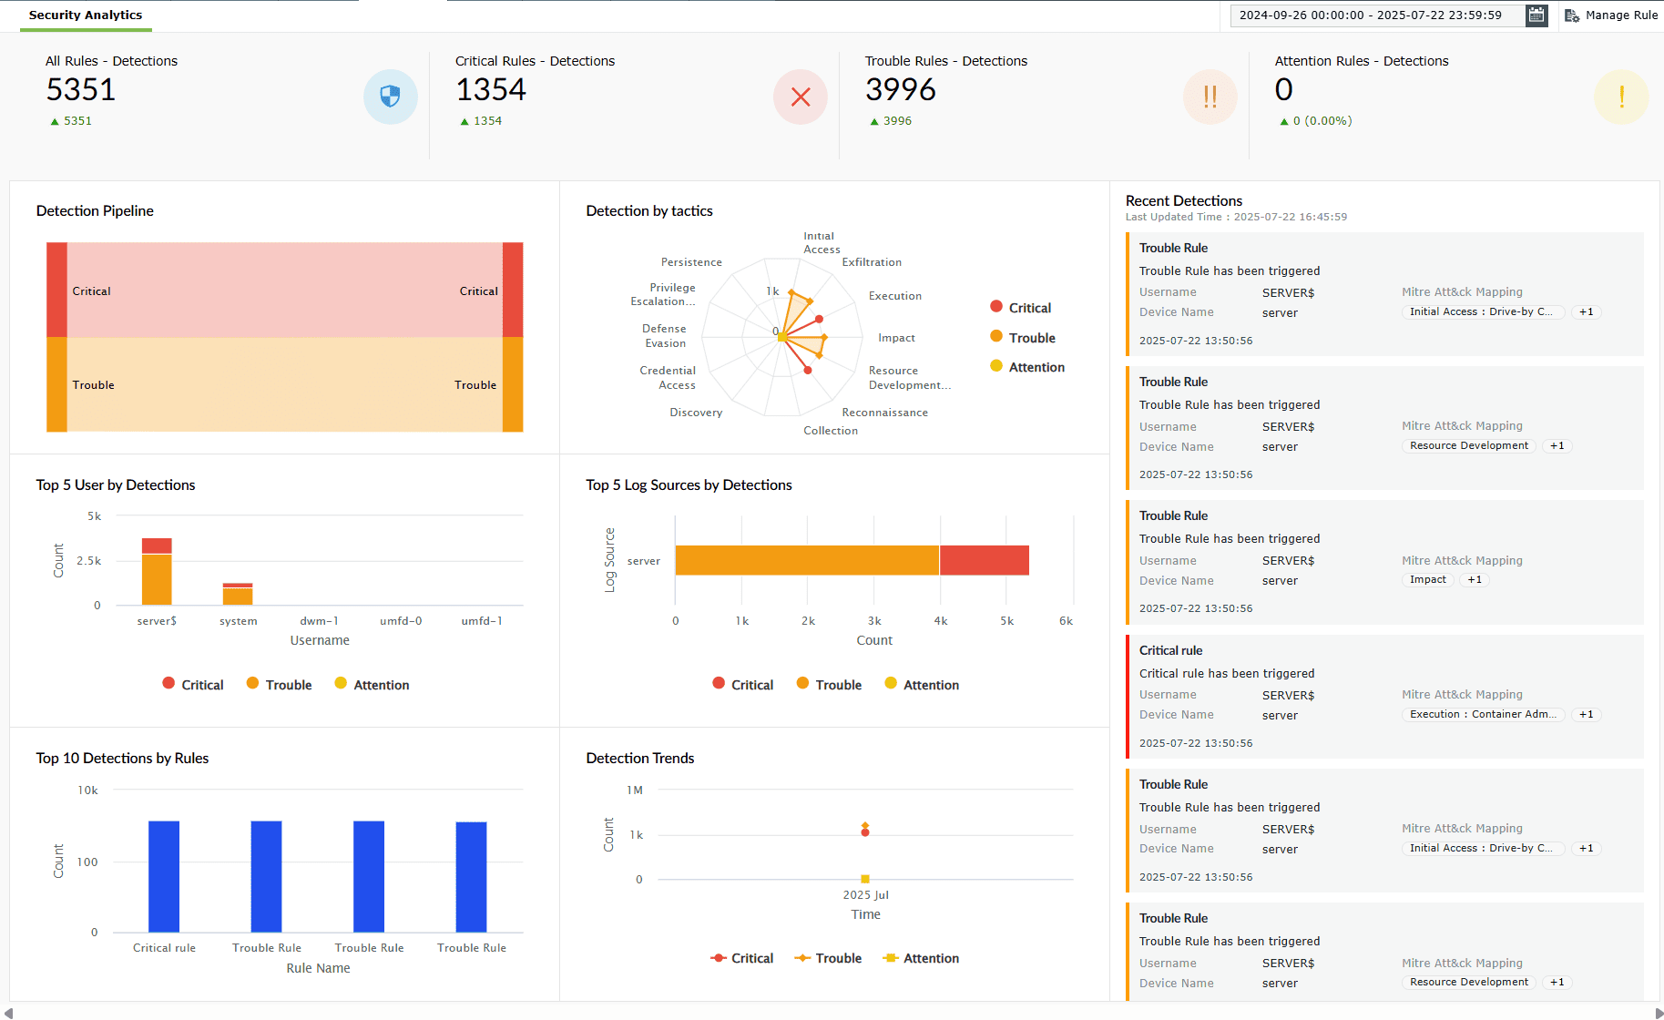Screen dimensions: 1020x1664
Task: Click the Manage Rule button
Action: (x=1611, y=15)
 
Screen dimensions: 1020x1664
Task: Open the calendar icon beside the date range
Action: (x=1536, y=15)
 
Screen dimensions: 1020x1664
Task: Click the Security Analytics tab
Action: (x=86, y=15)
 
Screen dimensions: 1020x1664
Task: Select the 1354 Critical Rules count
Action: (x=491, y=90)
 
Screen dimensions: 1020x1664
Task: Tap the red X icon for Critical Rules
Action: (x=801, y=97)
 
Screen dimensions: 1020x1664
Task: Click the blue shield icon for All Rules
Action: (x=391, y=97)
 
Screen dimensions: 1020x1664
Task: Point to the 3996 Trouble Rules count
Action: (x=900, y=90)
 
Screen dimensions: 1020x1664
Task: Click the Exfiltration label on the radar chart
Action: (x=872, y=262)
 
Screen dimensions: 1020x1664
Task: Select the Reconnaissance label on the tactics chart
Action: (x=884, y=413)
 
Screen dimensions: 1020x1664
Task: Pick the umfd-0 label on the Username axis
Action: (x=401, y=621)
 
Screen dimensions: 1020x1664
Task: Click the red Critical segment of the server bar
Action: (x=984, y=561)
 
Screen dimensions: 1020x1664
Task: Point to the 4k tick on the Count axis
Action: (x=941, y=621)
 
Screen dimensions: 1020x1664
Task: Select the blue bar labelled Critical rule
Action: (x=164, y=876)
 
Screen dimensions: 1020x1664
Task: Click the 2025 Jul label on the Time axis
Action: (x=865, y=895)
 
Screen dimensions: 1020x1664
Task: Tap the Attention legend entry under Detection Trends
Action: (x=922, y=958)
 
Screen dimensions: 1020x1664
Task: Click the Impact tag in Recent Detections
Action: (x=1427, y=580)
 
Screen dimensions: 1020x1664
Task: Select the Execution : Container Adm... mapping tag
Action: (x=1482, y=715)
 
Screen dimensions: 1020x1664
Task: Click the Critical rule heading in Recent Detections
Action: (x=1170, y=650)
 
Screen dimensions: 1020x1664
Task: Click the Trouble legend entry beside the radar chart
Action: (x=1023, y=338)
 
